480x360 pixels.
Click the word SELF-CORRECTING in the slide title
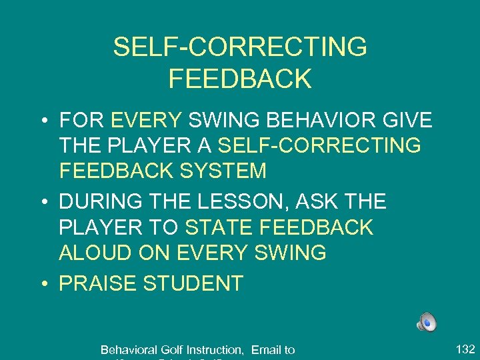(x=240, y=47)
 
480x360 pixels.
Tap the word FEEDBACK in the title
(x=240, y=79)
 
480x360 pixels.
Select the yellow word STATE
(x=214, y=227)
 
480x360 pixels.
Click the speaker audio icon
(x=427, y=323)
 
